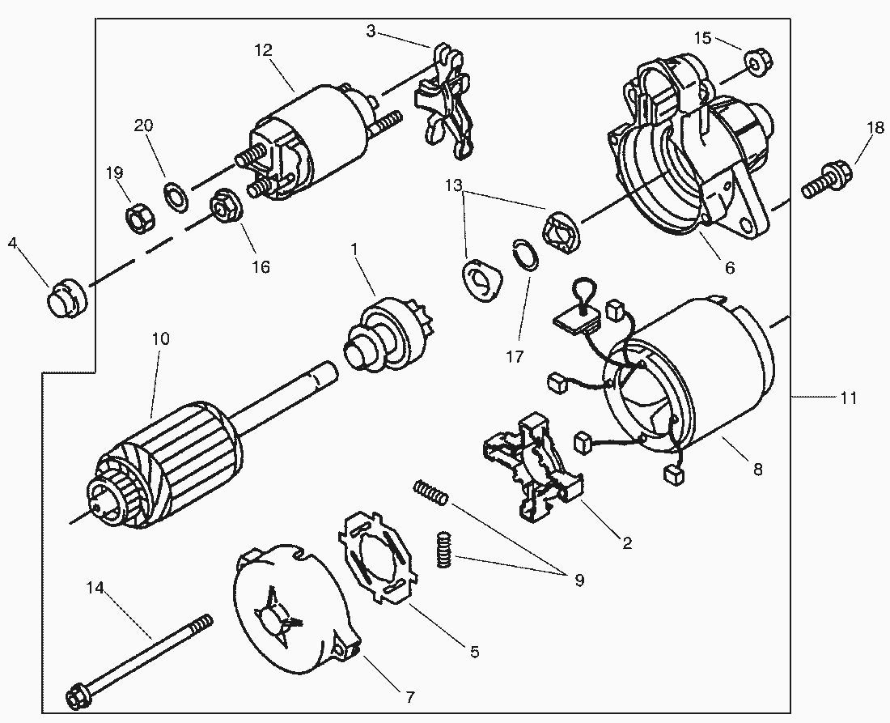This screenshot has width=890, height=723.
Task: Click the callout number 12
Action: click(x=263, y=50)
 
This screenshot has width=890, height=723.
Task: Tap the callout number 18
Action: click(x=875, y=128)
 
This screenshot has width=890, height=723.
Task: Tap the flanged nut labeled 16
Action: click(x=226, y=206)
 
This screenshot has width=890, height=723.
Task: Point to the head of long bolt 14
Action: click(x=79, y=694)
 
